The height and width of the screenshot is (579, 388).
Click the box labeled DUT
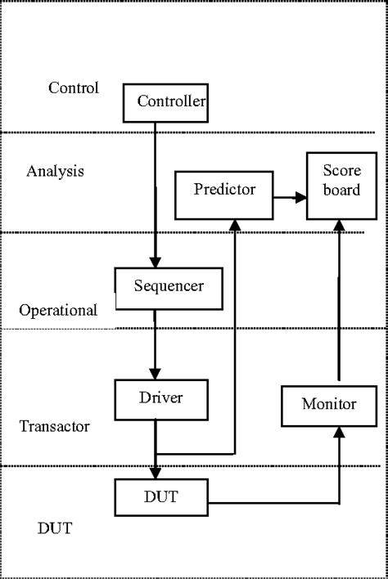pos(161,495)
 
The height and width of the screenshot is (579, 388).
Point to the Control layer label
pos(74,88)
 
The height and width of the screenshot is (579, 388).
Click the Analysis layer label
pos(55,172)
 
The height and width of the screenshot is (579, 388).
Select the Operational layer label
pos(58,311)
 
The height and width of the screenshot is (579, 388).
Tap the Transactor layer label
pos(54,426)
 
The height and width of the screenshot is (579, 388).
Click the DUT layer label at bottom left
pos(55,528)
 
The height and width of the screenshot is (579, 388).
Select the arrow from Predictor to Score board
pos(288,197)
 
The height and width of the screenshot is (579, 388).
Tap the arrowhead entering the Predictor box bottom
pos(235,225)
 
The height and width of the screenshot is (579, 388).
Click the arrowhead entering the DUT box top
pos(155,474)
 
